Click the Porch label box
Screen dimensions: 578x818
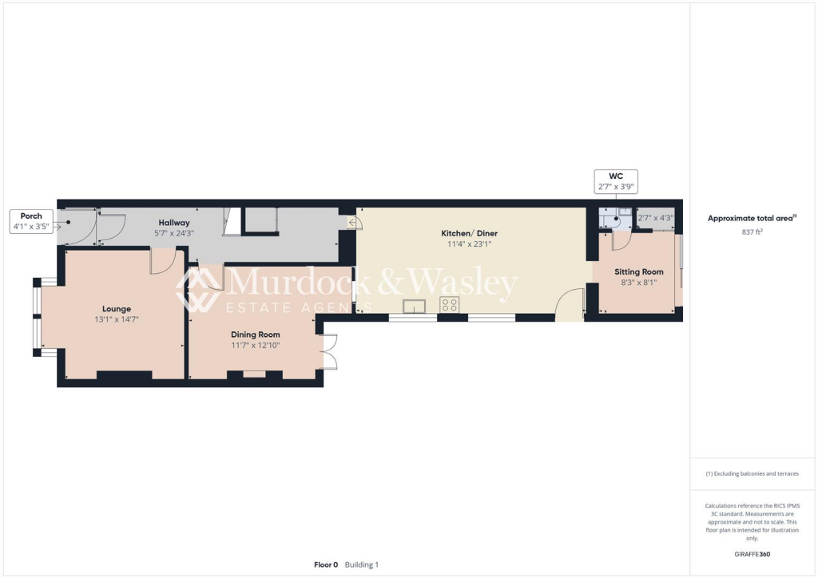coord(31,221)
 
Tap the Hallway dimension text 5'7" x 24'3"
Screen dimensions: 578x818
coord(173,233)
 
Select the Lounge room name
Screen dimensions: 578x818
coord(116,309)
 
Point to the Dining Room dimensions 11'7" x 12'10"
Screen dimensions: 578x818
coord(256,345)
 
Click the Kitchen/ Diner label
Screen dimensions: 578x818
coord(469,233)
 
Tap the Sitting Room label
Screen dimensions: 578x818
coord(638,271)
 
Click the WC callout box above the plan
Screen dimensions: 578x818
coord(615,181)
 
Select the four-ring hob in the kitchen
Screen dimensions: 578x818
coord(450,305)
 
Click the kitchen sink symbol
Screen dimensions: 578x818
coord(415,305)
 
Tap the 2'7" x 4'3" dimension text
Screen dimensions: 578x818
coord(655,218)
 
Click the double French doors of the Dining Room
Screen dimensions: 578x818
coord(328,352)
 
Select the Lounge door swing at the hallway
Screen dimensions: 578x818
coord(162,261)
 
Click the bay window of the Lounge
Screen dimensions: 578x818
coord(38,317)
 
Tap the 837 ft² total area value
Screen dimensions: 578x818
coord(752,232)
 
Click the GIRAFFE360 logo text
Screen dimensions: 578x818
coord(752,554)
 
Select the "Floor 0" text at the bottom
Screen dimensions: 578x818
coord(325,564)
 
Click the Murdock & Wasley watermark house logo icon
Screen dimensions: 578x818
coord(198,289)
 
